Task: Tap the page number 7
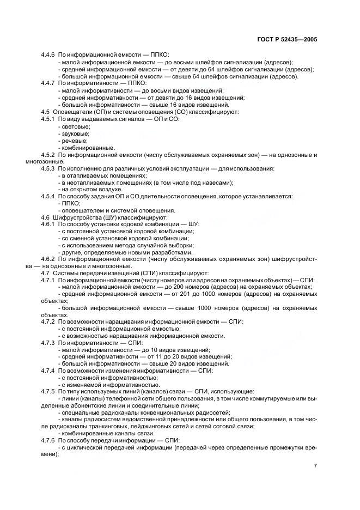pyautogui.click(x=315, y=466)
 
